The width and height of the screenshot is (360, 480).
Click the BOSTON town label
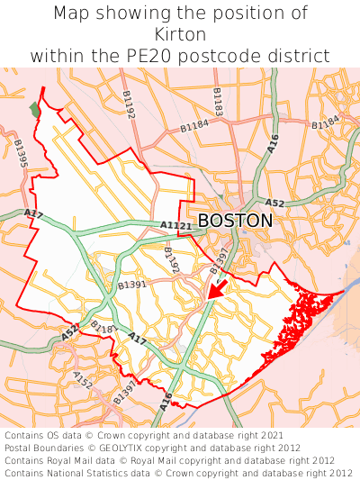point(235,221)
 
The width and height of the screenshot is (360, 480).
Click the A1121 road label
point(175,225)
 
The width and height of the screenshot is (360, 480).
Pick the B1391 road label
point(131,285)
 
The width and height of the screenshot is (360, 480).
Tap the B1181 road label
point(104,330)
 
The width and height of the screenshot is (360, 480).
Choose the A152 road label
point(83,379)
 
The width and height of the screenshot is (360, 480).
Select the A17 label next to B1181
point(137,339)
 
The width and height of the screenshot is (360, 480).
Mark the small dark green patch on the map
point(35,109)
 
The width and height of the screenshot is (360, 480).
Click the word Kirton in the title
point(180,34)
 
